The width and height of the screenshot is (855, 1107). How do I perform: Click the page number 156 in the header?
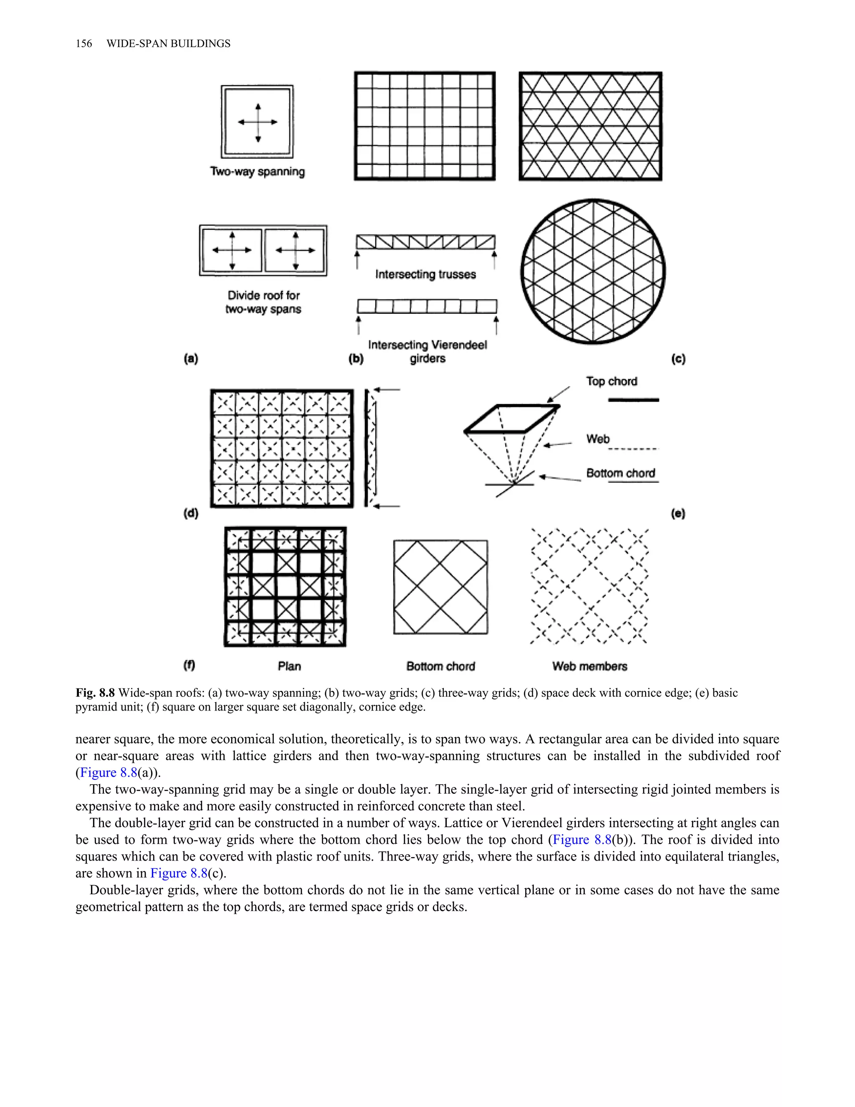pos(83,43)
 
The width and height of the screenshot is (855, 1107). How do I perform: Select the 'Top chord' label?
pos(611,381)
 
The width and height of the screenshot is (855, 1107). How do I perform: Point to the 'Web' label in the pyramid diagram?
pos(598,439)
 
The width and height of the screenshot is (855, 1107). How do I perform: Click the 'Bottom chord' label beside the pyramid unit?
pos(620,473)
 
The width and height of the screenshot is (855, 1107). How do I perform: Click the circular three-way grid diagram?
pos(593,272)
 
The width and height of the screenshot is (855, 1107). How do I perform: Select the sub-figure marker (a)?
pos(190,359)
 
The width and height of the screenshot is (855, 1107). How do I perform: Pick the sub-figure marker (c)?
pos(678,359)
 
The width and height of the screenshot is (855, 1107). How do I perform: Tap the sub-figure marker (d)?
pos(190,513)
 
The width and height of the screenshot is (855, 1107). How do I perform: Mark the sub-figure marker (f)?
pos(189,665)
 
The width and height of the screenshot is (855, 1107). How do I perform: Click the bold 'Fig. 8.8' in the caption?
pos(95,693)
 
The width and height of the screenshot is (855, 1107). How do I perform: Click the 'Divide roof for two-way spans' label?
pos(263,302)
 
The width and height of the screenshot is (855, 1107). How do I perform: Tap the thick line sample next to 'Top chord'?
pos(633,400)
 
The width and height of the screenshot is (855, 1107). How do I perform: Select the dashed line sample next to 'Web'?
pos(633,449)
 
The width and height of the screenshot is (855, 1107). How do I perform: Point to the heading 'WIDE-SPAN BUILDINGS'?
pos(168,43)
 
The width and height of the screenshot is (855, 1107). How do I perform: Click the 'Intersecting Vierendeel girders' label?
pos(427,351)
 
